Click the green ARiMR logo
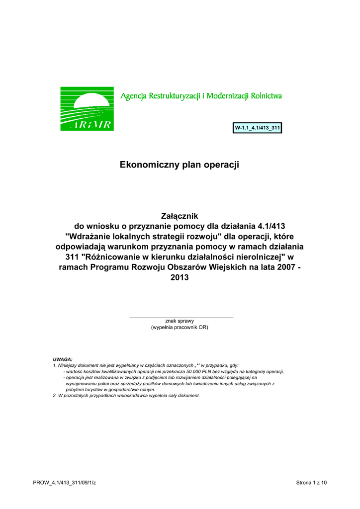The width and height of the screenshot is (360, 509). (x=87, y=109)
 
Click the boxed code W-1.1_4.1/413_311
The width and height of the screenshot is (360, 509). (x=258, y=128)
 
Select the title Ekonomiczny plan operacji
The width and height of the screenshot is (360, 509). (x=180, y=165)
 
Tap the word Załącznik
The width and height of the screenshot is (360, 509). (x=180, y=216)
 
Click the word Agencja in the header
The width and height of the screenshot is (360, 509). (x=133, y=95)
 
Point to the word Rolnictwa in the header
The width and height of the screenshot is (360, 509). (x=267, y=95)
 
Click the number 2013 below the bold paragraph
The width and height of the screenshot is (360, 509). (x=180, y=278)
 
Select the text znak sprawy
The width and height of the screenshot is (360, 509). (x=180, y=321)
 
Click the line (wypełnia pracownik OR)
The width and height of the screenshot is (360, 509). (x=180, y=328)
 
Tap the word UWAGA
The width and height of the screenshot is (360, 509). (x=63, y=359)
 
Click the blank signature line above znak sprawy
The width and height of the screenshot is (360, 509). (x=181, y=317)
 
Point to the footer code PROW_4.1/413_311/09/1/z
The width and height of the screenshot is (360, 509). (x=64, y=483)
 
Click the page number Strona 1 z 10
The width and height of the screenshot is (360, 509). (x=311, y=483)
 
